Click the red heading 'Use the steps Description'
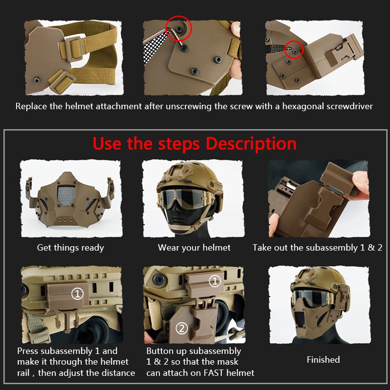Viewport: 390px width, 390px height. click(x=195, y=144)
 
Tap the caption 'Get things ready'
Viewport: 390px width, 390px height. click(x=70, y=248)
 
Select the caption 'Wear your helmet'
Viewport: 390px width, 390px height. click(x=194, y=248)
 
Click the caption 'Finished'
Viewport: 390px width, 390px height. click(x=323, y=360)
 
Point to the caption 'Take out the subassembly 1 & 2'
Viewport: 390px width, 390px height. click(x=317, y=248)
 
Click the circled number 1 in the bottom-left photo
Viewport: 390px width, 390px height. click(x=78, y=294)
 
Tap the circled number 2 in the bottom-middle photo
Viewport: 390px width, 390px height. click(x=182, y=329)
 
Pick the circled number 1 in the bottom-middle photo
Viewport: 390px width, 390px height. click(x=215, y=281)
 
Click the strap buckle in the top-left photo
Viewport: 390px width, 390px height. click(x=70, y=49)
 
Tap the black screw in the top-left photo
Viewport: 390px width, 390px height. click(x=37, y=80)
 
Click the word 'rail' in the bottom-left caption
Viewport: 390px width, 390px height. click(x=23, y=373)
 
